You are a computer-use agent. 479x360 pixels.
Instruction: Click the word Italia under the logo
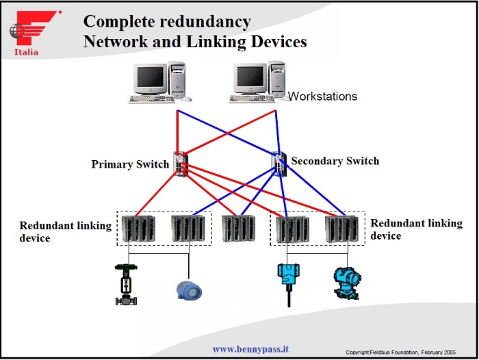pyautogui.click(x=26, y=52)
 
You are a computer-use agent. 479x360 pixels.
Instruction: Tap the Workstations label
pyautogui.click(x=322, y=97)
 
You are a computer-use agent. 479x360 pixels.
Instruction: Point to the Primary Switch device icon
pyautogui.click(x=180, y=164)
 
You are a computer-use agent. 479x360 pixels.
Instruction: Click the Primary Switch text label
pyautogui.click(x=130, y=165)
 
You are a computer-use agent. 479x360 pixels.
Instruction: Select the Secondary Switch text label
pyautogui.click(x=335, y=162)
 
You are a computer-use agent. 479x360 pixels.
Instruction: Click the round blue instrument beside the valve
pyautogui.click(x=188, y=289)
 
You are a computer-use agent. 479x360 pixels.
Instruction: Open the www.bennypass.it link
pyautogui.click(x=250, y=349)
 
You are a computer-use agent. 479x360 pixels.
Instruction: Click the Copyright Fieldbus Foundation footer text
pyautogui.click(x=409, y=352)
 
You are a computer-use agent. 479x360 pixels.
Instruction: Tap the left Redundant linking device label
pyautogui.click(x=64, y=231)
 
